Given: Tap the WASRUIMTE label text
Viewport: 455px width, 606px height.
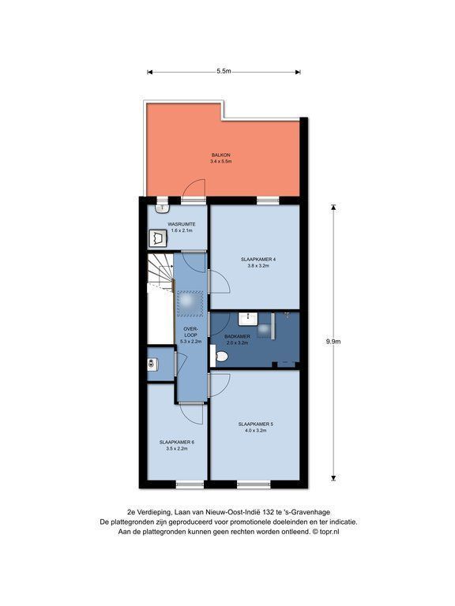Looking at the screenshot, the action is point(181,224).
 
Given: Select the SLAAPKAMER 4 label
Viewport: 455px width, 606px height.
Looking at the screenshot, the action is point(258,260).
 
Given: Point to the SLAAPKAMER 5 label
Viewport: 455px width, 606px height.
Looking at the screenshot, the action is point(255,424).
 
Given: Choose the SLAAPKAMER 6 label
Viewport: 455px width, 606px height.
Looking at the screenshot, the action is point(176,442).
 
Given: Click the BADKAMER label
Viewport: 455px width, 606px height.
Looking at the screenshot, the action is point(237,336).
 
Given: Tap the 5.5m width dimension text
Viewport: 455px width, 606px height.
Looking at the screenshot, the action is point(224,71).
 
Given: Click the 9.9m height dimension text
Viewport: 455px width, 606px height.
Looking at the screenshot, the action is point(333,342).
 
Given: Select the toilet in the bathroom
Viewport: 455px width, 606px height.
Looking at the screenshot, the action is point(220,356).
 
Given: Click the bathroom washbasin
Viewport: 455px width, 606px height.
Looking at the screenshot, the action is point(247,320).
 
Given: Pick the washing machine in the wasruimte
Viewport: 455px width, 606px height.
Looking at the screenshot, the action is point(158,238).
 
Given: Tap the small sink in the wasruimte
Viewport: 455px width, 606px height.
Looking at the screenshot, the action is point(163,208).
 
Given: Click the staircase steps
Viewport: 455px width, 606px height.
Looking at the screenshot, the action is point(160,273).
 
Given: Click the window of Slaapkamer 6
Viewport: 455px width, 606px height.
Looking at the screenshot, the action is point(190,484).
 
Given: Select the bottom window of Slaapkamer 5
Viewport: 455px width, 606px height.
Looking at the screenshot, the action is point(254,484).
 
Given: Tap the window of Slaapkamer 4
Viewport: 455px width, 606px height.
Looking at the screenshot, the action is point(268,200).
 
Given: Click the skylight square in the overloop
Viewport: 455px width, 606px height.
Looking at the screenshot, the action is point(190,301).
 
